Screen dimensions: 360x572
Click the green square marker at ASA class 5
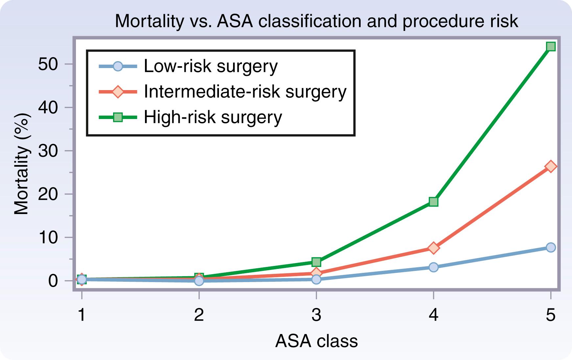(x=551, y=46)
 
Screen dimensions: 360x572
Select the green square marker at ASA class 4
(x=434, y=202)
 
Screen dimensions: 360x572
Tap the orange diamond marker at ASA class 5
(x=551, y=167)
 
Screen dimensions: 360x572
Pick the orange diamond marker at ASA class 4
(x=434, y=248)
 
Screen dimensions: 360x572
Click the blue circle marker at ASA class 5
(x=551, y=247)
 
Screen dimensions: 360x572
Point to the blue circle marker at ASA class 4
(x=434, y=267)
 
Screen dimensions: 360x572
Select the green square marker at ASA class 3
(x=316, y=262)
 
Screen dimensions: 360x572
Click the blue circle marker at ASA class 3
(x=316, y=279)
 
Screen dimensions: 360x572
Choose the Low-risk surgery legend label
(x=211, y=66)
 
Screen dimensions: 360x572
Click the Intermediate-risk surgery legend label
(x=245, y=91)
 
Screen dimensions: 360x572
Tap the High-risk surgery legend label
(x=213, y=117)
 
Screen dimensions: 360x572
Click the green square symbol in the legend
(x=118, y=117)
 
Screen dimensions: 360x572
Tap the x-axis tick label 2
(x=199, y=315)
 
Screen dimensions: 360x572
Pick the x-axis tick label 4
(x=434, y=315)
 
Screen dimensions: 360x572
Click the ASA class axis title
(x=316, y=341)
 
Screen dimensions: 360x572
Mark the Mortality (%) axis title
(x=22, y=164)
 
